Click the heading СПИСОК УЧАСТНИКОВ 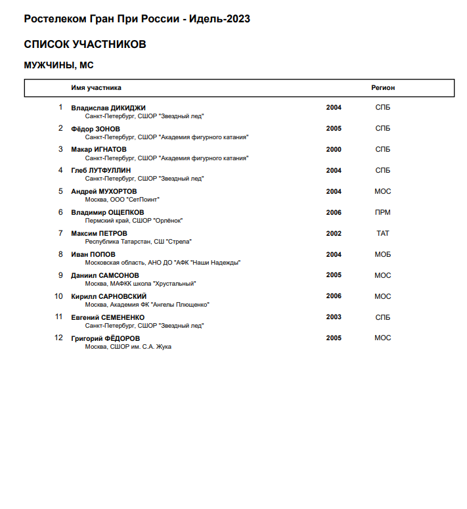point(85,45)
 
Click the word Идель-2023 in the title point(219,18)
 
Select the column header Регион point(383,88)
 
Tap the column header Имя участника point(96,88)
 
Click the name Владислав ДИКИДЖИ point(108,108)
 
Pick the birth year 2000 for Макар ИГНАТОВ point(334,150)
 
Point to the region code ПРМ point(383,212)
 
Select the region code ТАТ point(383,233)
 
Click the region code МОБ point(383,254)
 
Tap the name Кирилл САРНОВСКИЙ point(108,296)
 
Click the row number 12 point(58,338)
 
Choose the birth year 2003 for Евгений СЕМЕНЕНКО point(334,317)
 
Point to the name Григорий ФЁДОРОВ point(105,338)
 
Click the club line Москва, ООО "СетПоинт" point(123,199)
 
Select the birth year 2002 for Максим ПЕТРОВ point(334,233)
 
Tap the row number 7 point(60,233)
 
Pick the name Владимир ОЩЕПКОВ point(108,213)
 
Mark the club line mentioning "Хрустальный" point(141,283)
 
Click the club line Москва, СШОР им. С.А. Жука point(128,346)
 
